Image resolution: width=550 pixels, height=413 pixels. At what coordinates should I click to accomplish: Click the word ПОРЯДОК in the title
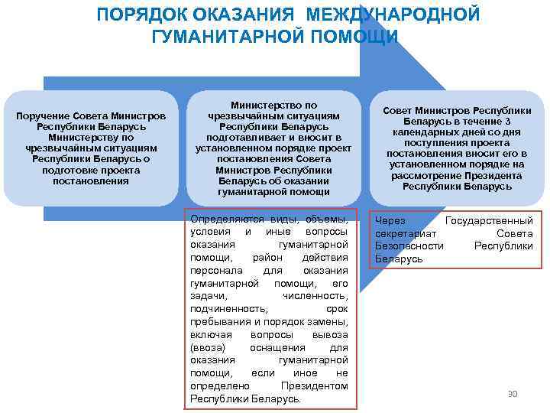(x=143, y=15)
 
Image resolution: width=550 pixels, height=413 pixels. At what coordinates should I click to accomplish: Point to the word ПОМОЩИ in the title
(x=357, y=36)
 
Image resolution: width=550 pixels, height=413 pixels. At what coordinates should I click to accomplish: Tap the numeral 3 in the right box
(x=508, y=122)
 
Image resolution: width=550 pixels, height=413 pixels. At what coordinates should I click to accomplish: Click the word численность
(x=315, y=295)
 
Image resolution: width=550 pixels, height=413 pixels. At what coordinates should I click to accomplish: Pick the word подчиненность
(x=229, y=308)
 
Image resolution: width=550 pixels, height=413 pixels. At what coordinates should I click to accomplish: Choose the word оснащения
(x=282, y=347)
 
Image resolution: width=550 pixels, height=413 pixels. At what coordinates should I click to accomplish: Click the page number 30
(x=513, y=394)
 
